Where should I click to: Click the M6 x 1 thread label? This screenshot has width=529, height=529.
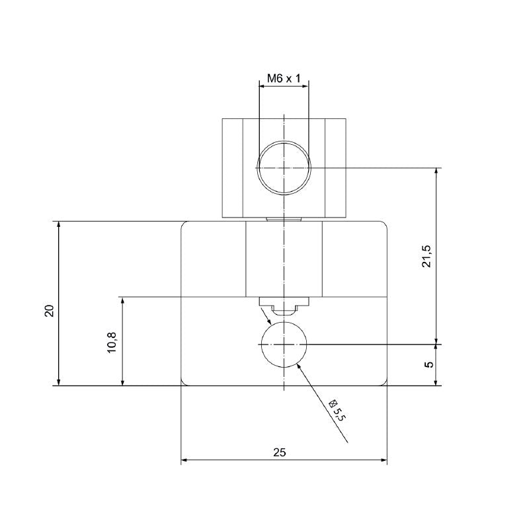(x=284, y=79)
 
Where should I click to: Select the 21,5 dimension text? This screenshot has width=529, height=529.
(x=427, y=256)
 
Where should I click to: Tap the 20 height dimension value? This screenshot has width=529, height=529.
(x=49, y=311)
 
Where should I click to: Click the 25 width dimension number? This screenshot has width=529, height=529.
(x=280, y=452)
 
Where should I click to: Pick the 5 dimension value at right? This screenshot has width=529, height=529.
(x=429, y=364)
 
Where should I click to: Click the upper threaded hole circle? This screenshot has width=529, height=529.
(x=284, y=168)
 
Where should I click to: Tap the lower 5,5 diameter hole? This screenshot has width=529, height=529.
(x=284, y=345)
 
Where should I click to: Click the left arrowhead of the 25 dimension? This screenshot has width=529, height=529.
(x=185, y=460)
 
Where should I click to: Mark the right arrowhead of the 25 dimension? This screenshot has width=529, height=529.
(x=383, y=460)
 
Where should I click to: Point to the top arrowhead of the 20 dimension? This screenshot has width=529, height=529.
(x=60, y=225)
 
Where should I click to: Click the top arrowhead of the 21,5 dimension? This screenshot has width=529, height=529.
(x=436, y=172)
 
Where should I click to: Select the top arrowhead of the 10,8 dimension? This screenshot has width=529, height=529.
(x=122, y=301)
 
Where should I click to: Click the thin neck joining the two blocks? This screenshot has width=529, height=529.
(x=284, y=219)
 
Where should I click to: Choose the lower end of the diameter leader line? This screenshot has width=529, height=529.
(x=347, y=443)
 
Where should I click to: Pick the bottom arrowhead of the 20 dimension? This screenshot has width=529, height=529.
(x=60, y=382)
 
